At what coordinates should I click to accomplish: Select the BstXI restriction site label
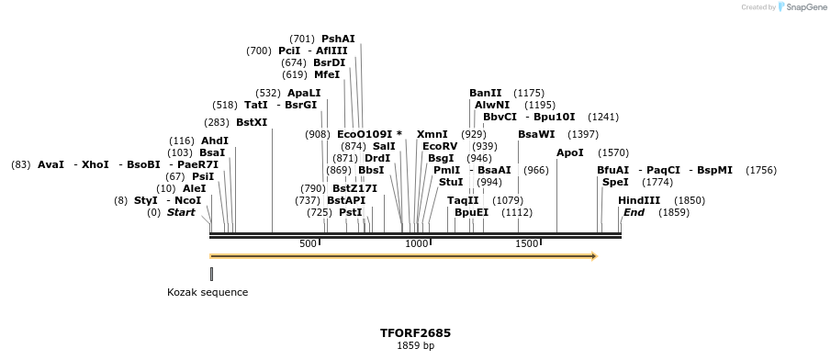(x=252, y=122)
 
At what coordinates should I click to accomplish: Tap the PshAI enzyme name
(x=338, y=39)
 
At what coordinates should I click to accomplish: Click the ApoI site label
(x=569, y=152)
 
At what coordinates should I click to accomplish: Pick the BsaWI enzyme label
(x=536, y=134)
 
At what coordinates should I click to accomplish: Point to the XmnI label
(x=432, y=134)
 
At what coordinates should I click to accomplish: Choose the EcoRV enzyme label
(x=440, y=146)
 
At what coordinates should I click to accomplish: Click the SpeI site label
(x=615, y=182)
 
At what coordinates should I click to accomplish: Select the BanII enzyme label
(x=486, y=93)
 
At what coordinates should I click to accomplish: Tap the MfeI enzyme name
(x=327, y=74)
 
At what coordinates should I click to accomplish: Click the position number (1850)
(x=690, y=200)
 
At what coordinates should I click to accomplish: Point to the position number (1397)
(x=584, y=134)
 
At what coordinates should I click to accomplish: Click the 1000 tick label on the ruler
(x=417, y=243)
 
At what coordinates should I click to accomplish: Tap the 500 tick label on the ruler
(x=309, y=243)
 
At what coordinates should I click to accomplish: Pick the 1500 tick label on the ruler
(x=526, y=243)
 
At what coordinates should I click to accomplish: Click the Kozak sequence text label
(x=208, y=292)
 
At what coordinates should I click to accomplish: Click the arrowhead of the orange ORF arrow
(x=593, y=256)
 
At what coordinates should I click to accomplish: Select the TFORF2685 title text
(x=415, y=332)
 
